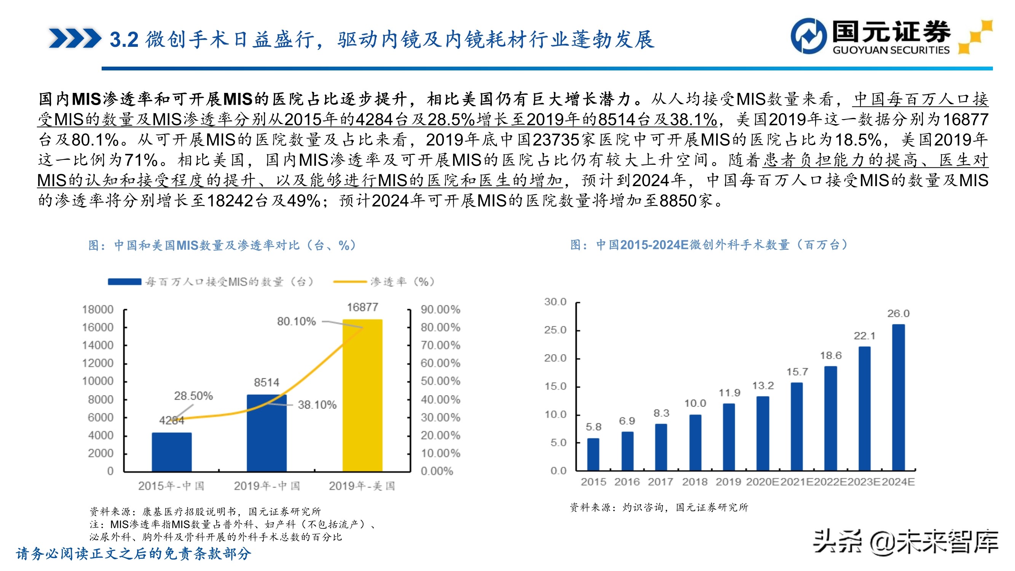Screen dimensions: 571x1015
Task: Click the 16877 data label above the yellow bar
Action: (x=362, y=307)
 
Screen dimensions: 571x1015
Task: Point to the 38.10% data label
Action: (x=317, y=405)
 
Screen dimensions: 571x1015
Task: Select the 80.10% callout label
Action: (x=296, y=322)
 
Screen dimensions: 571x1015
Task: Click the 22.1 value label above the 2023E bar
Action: (x=865, y=336)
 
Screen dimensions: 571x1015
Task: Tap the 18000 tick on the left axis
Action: (x=97, y=310)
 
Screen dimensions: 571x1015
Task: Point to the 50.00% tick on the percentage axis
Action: (x=440, y=381)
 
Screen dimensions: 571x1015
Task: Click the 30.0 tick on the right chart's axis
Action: (x=555, y=302)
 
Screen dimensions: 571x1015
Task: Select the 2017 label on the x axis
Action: (x=661, y=482)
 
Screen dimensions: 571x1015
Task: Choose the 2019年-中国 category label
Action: (x=267, y=486)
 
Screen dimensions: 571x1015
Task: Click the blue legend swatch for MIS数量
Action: (x=124, y=282)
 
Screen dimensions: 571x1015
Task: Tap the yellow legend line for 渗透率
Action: (x=350, y=282)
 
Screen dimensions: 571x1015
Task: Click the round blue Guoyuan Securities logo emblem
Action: (x=809, y=36)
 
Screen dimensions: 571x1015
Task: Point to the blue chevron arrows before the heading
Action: (x=75, y=38)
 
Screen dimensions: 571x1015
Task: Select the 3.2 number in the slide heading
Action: (x=124, y=40)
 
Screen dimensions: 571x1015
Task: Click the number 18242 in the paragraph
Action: (x=230, y=201)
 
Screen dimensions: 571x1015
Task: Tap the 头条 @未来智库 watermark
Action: (x=905, y=542)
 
